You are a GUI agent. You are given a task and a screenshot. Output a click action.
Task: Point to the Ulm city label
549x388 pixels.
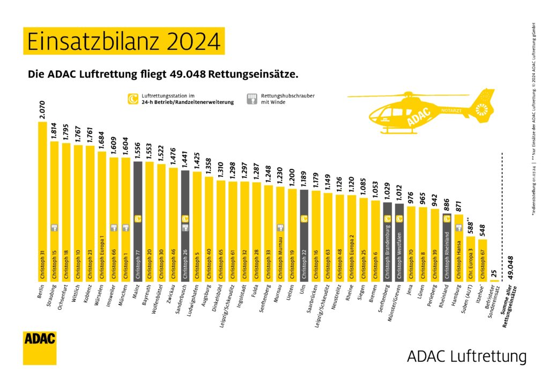303,292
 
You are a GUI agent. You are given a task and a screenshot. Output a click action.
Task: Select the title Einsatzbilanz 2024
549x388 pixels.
124,41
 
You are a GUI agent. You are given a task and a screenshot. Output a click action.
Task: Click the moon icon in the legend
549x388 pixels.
130,99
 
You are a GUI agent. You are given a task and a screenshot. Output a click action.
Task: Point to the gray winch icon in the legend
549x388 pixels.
250,99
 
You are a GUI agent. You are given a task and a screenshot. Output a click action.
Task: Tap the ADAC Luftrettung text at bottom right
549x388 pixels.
466,356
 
